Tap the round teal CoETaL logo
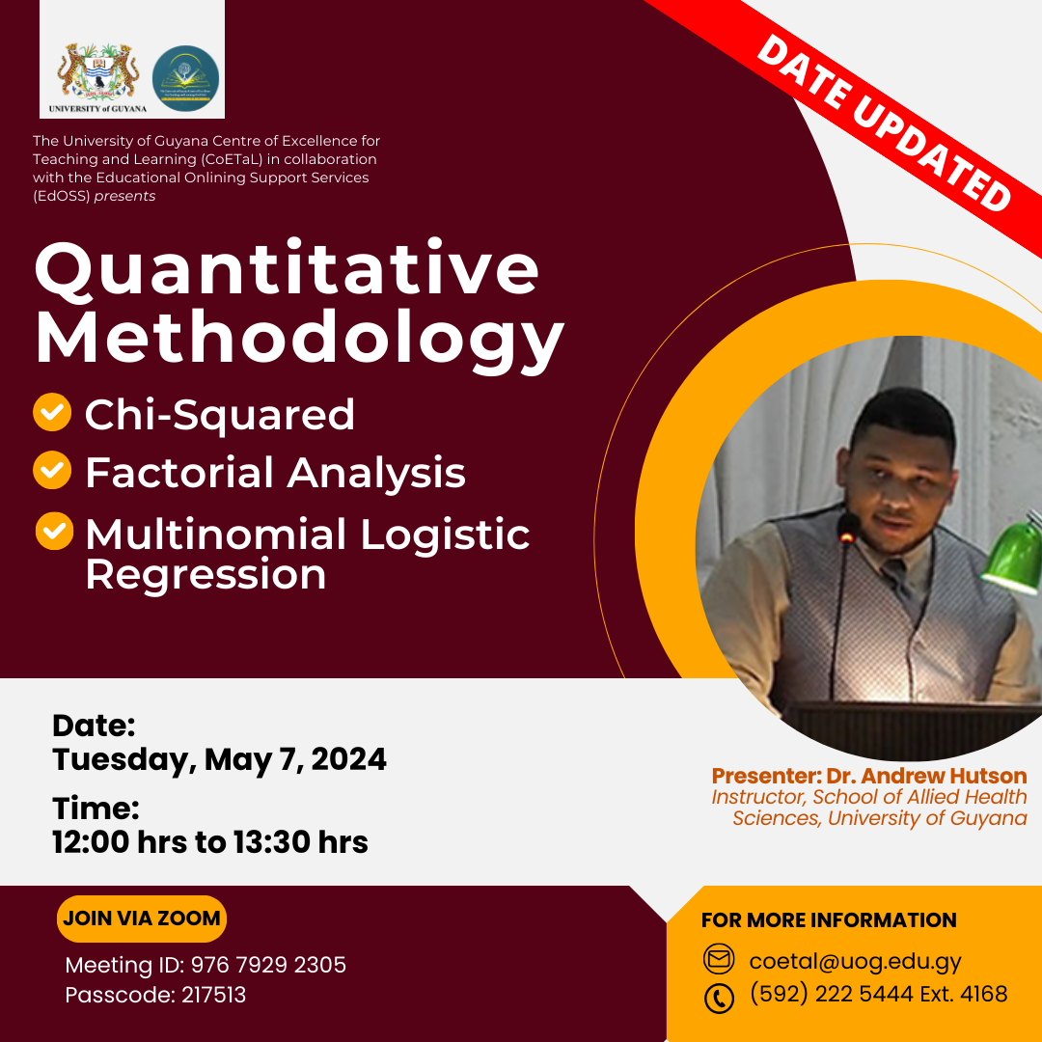pyautogui.click(x=185, y=78)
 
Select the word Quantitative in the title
pyautogui.click(x=287, y=268)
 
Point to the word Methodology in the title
pyautogui.click(x=299, y=341)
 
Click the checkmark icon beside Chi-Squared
pyautogui.click(x=52, y=412)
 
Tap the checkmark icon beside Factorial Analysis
pyautogui.click(x=52, y=470)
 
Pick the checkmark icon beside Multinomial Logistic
pyautogui.click(x=54, y=531)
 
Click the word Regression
pyautogui.click(x=206, y=574)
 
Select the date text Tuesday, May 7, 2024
pyautogui.click(x=219, y=759)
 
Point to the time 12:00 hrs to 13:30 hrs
pyautogui.click(x=210, y=842)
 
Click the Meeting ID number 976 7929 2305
pyautogui.click(x=268, y=965)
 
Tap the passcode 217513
pyautogui.click(x=213, y=995)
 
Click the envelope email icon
pyautogui.click(x=719, y=960)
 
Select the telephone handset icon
pyautogui.click(x=719, y=999)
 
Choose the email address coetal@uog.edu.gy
pyautogui.click(x=855, y=962)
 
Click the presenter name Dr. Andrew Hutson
pyautogui.click(x=926, y=776)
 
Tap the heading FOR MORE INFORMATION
pyautogui.click(x=829, y=919)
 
